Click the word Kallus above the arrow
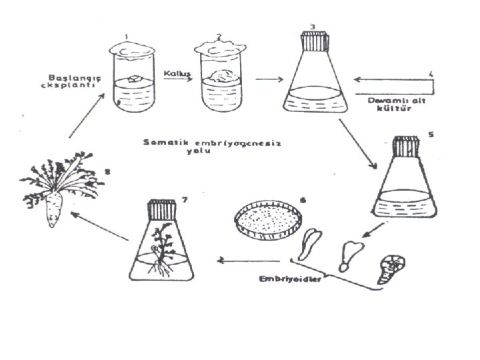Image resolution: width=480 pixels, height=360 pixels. [173, 69]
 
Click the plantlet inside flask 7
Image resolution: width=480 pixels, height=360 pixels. [160, 250]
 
